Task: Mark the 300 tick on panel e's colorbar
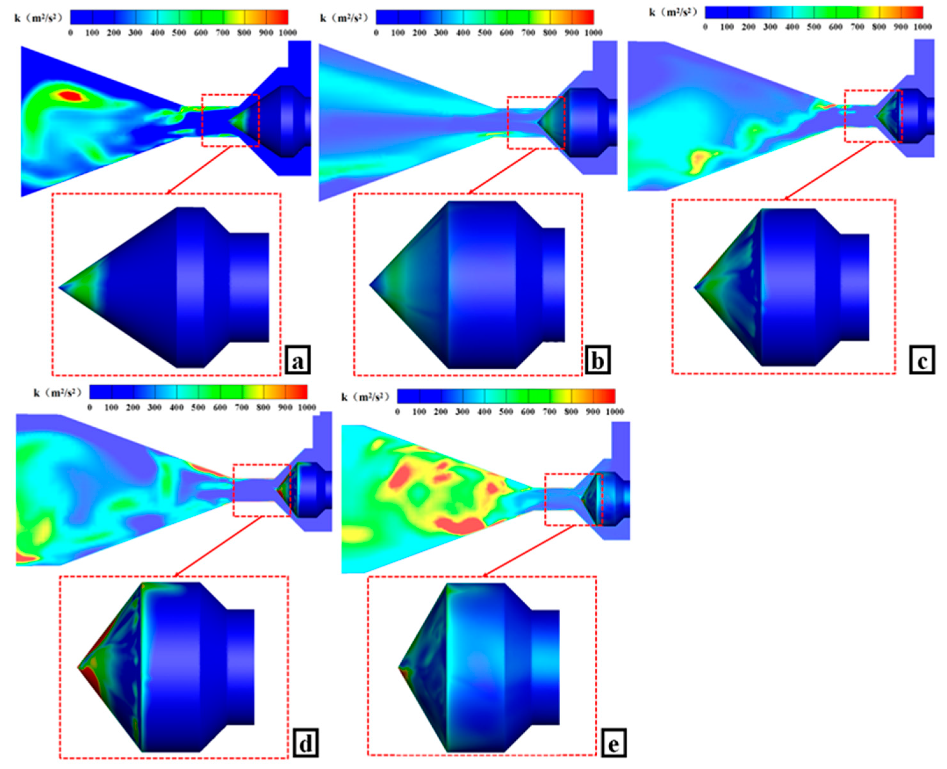(x=463, y=411)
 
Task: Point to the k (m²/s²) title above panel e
(x=365, y=397)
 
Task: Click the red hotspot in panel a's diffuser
(x=71, y=95)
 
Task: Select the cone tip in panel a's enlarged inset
(x=60, y=287)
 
